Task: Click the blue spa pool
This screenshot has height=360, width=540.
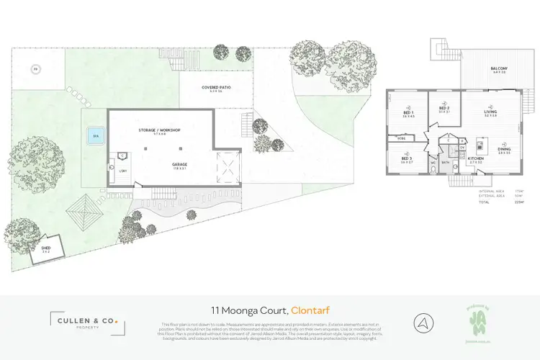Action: pyautogui.click(x=94, y=136)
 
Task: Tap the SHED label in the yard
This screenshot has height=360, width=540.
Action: pyautogui.click(x=45, y=248)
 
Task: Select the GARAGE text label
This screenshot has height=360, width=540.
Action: pyautogui.click(x=179, y=164)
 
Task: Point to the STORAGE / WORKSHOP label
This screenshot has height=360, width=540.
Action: pyautogui.click(x=159, y=130)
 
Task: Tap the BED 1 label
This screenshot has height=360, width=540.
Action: pyautogui.click(x=408, y=114)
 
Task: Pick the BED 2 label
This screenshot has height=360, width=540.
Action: pyautogui.click(x=444, y=109)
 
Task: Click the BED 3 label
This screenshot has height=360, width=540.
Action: pyautogui.click(x=408, y=160)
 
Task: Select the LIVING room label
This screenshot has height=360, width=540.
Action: pyautogui.click(x=490, y=112)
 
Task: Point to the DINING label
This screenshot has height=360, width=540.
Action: pyautogui.click(x=503, y=150)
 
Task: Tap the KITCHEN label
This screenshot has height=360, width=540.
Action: pyautogui.click(x=476, y=158)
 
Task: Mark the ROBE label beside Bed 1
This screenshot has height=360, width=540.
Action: pyautogui.click(x=401, y=138)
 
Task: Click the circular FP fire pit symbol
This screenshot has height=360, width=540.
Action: pyautogui.click(x=35, y=69)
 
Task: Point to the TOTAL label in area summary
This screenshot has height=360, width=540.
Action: pyautogui.click(x=485, y=202)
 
